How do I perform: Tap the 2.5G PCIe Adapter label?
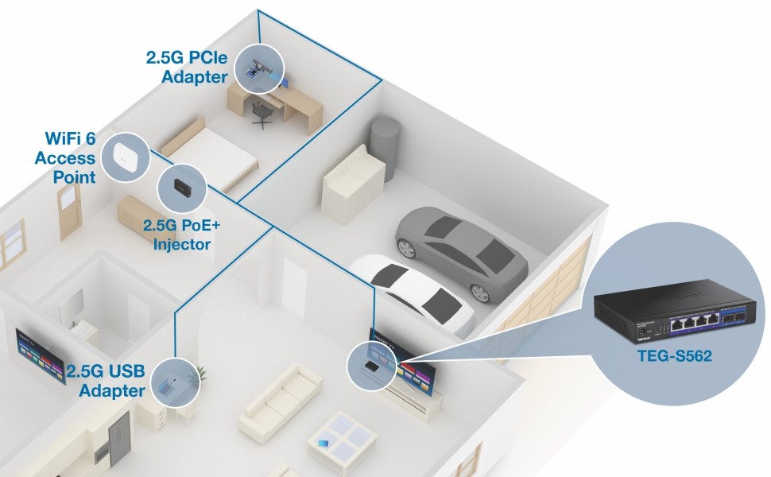[x=186, y=67]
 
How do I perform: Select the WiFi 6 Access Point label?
[x=65, y=157]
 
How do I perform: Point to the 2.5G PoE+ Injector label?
[x=183, y=236]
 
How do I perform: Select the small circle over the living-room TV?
[x=371, y=365]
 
